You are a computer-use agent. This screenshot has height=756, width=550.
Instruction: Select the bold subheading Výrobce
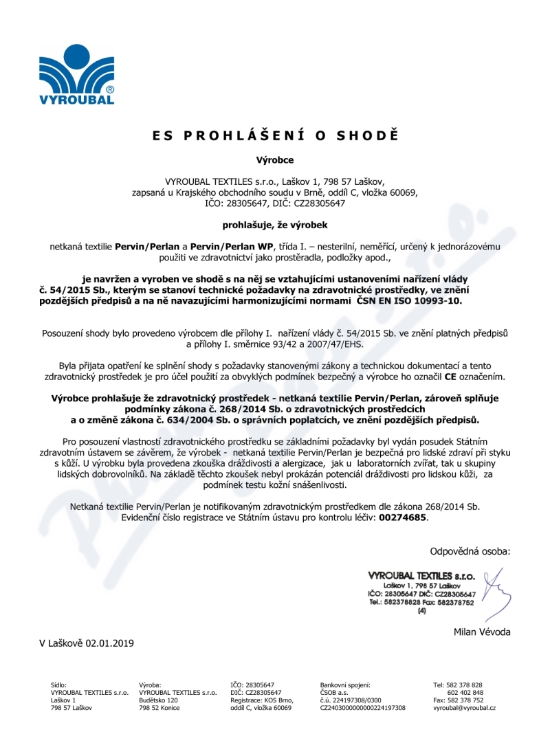coord(275,160)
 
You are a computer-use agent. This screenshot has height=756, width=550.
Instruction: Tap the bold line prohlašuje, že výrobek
coord(274,224)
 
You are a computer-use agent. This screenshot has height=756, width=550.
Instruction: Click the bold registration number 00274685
coord(403,518)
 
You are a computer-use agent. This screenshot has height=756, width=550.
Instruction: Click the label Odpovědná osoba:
coord(470,551)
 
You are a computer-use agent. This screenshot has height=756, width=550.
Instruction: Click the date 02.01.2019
coord(110,643)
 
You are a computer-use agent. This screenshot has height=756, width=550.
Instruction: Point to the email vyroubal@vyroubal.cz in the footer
coord(464,707)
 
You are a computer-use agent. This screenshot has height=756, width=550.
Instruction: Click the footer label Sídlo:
coord(59,685)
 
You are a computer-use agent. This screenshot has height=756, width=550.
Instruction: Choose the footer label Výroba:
coord(150,685)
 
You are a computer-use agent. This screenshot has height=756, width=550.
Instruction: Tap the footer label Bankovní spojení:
coord(345,685)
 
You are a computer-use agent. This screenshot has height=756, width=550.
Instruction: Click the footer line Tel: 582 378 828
coord(458,685)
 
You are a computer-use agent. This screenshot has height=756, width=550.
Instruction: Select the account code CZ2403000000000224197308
coord(363,707)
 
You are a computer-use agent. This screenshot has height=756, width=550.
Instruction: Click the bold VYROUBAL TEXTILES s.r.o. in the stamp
coord(421,575)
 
